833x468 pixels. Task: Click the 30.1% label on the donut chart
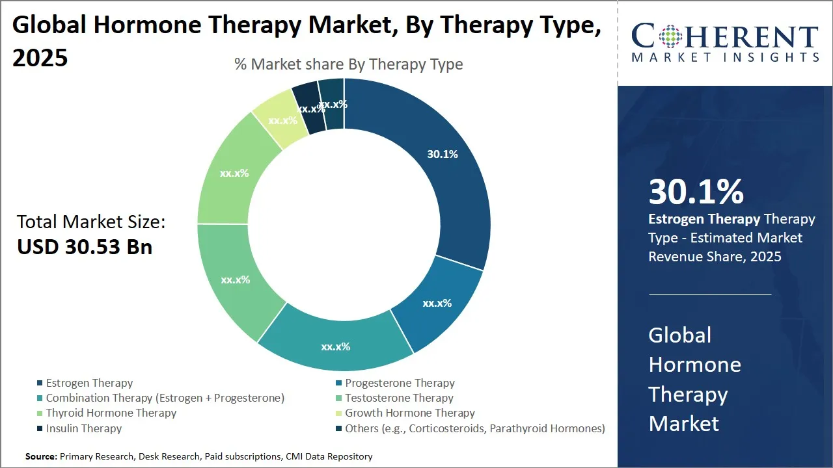point(443,155)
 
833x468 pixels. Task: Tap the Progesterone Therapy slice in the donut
point(437,303)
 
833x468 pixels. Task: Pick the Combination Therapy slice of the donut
point(336,346)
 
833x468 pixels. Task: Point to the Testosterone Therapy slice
point(235,280)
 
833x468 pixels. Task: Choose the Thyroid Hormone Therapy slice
point(234,174)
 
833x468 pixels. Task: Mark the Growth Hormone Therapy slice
point(282,120)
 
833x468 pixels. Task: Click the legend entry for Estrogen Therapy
point(89,383)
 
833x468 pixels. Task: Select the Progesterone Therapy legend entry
point(400,383)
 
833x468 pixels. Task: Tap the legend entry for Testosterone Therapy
point(399,398)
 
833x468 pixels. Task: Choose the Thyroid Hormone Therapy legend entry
point(111,413)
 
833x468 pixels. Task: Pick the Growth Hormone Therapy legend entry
point(410,413)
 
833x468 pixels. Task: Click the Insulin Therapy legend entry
point(83,428)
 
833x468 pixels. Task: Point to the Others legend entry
point(475,428)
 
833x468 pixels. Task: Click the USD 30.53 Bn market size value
point(85,248)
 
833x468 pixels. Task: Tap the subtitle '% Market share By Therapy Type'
point(349,64)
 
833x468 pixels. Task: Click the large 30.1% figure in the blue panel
point(696,192)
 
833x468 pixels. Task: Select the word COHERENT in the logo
point(725,36)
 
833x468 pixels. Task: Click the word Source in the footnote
point(41,456)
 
